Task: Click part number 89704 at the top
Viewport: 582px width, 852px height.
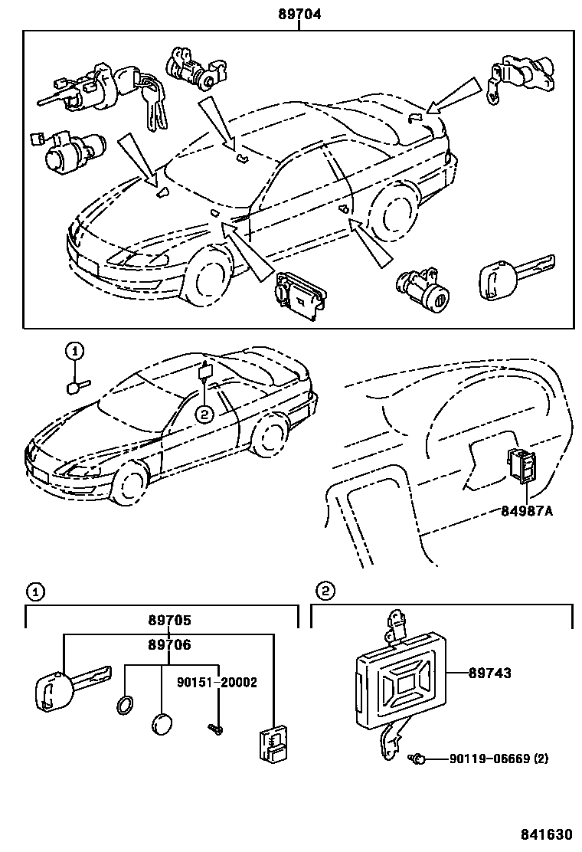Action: (299, 14)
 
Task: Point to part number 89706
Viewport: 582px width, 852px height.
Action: (169, 646)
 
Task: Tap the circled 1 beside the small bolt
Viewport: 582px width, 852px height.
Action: (74, 352)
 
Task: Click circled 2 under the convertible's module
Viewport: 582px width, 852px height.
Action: (204, 415)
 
